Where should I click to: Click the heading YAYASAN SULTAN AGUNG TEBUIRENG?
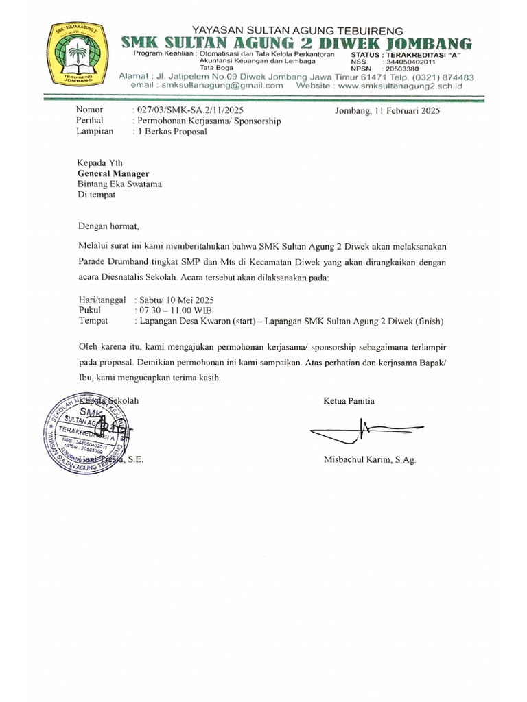click(297, 30)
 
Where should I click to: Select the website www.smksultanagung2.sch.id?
click(400, 86)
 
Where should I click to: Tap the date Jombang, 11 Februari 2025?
click(387, 110)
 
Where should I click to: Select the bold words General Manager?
click(113, 174)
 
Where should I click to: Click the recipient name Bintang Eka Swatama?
click(119, 184)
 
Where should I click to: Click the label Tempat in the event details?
click(94, 320)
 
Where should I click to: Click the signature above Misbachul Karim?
click(364, 431)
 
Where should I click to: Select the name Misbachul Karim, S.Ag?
click(369, 460)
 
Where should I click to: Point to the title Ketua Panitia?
click(349, 401)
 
